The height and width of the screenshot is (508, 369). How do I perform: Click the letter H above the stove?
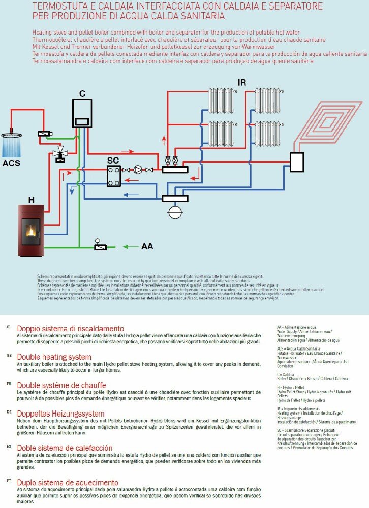point(31,200)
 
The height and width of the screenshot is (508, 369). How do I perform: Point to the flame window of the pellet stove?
point(30,231)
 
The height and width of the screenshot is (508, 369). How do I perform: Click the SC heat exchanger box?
point(113,177)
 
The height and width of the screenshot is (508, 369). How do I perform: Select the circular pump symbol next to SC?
point(137,170)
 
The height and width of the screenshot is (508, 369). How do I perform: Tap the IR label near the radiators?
point(242,82)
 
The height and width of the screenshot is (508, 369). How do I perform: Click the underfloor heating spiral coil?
point(325,122)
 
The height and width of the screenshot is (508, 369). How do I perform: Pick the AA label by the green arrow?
point(147,246)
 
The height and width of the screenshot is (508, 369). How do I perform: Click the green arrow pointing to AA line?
point(130,247)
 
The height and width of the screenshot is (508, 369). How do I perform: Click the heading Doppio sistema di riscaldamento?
point(70,328)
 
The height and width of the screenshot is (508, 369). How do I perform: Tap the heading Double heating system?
point(54,357)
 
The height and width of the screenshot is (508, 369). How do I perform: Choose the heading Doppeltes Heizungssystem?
point(60,414)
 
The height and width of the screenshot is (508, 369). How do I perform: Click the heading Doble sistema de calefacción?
point(65,448)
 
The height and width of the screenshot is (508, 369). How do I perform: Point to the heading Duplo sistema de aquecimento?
point(68,482)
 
